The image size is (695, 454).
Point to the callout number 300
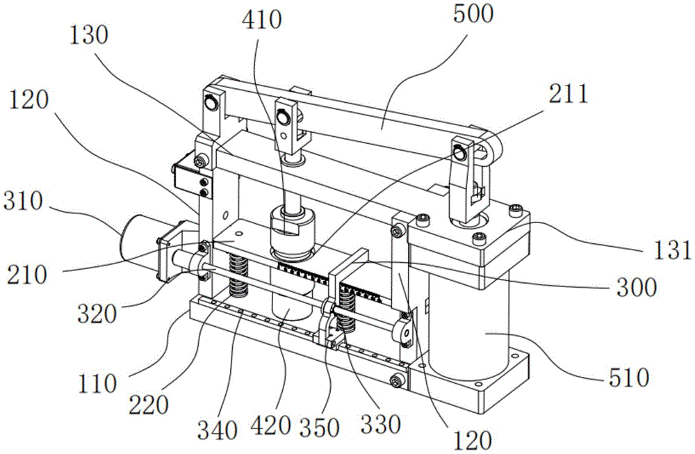(634, 285)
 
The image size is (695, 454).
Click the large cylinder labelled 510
(473, 327)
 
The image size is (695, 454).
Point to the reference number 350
(325, 428)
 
